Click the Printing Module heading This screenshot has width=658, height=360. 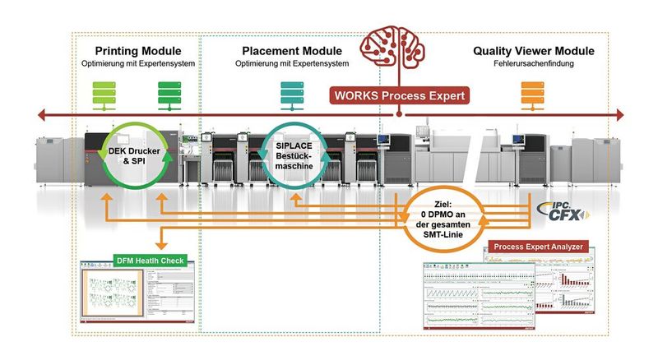(x=137, y=51)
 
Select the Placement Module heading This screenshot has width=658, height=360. (x=291, y=51)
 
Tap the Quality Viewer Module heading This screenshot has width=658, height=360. (x=533, y=51)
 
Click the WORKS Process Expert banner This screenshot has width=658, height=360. (x=399, y=96)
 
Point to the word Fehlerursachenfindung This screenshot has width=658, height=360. (x=533, y=63)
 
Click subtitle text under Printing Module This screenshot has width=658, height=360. (x=137, y=63)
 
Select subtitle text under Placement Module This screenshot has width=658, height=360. (x=291, y=63)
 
